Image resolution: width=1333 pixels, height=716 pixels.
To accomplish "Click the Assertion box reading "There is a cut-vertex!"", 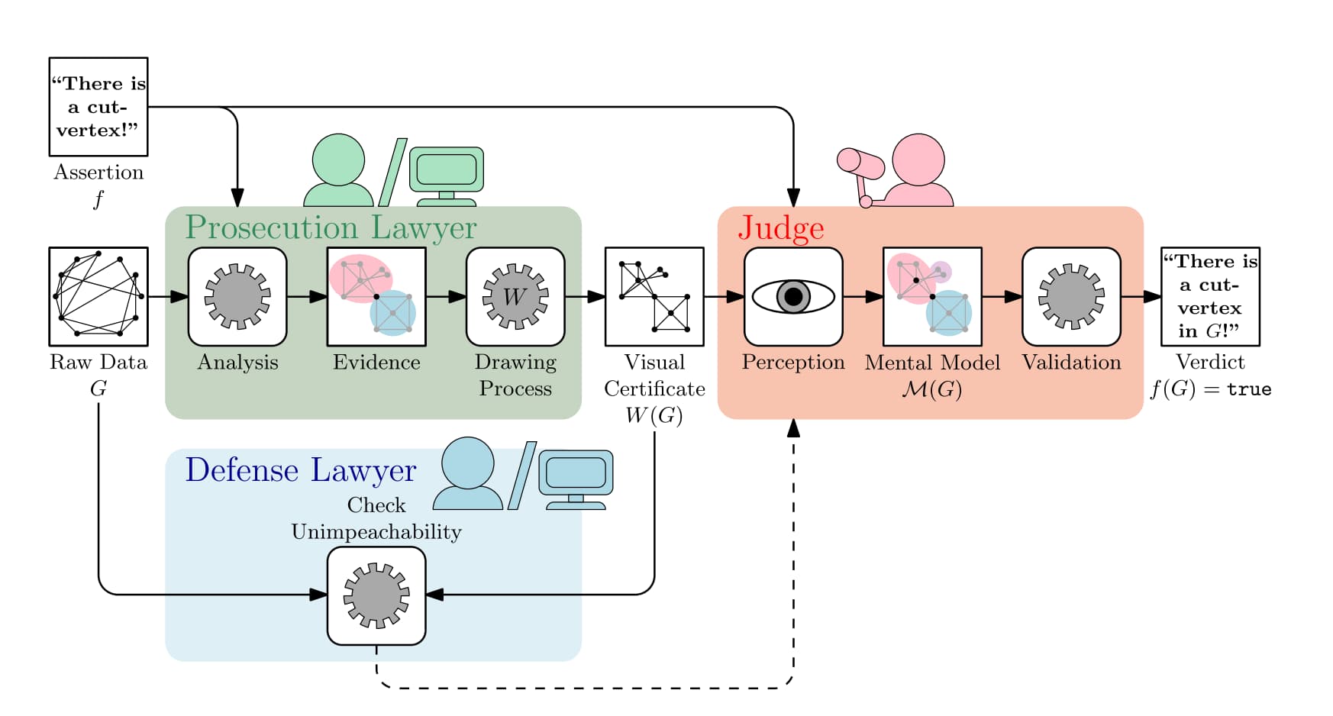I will point(98,107).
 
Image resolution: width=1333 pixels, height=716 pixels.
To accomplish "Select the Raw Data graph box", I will point(98,296).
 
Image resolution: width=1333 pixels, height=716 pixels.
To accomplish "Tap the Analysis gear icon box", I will point(237,296).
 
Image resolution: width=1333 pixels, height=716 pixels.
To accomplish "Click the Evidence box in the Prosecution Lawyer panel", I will point(376,296).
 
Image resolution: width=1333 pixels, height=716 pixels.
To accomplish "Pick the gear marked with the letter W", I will point(515,296).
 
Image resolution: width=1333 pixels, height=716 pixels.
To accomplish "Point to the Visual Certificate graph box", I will point(654,296).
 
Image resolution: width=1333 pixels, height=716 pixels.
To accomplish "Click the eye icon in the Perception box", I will point(793,296).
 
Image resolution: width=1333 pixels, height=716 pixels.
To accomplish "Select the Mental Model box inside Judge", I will point(932,296).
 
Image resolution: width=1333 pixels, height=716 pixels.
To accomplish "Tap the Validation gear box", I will point(1071,296).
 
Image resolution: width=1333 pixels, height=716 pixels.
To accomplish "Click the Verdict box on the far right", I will point(1210,296).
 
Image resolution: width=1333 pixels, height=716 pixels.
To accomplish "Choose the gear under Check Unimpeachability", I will point(376,595).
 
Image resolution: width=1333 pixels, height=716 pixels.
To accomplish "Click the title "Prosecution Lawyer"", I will point(331,227).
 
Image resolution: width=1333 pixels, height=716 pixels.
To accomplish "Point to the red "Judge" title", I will point(781,227).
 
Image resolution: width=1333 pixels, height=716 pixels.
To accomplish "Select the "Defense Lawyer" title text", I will point(301,470).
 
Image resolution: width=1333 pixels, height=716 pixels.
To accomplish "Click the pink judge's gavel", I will point(860,163).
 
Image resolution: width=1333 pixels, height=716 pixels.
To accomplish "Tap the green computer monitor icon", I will point(447,170).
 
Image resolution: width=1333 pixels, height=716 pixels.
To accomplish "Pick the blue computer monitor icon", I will point(576,473).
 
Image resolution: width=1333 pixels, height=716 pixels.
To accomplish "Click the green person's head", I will point(338,160).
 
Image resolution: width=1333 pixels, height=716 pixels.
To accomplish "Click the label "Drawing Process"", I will point(515,375).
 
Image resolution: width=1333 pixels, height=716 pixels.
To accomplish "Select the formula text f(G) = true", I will point(1211,389).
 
